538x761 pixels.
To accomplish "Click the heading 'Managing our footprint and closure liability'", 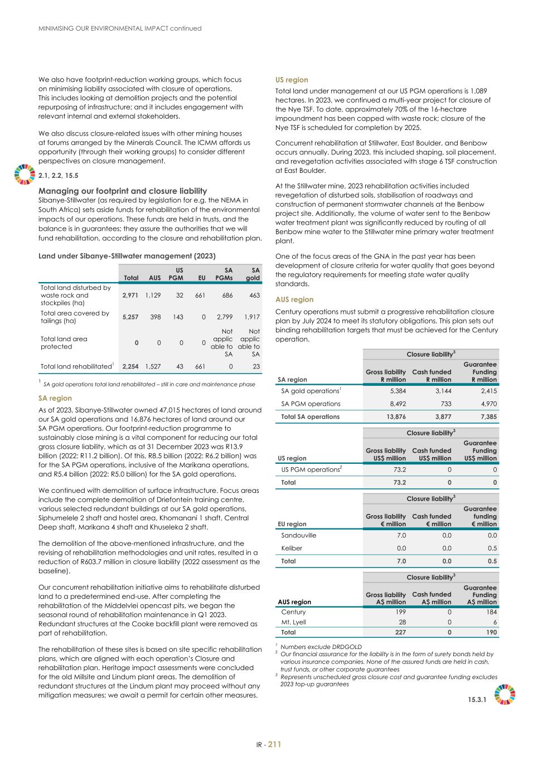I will click(x=123, y=191).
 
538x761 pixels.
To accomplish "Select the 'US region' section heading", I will click(x=292, y=80).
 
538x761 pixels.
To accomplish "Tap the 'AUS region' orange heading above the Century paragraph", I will click(x=294, y=299).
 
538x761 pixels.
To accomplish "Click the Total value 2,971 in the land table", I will click(x=130, y=295).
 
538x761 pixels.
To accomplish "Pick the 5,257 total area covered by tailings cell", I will click(x=130, y=317).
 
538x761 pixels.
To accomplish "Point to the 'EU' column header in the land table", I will click(x=201, y=277).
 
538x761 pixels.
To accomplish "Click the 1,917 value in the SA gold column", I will click(x=251, y=317).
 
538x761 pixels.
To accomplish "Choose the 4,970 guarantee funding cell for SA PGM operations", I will click(x=487, y=404).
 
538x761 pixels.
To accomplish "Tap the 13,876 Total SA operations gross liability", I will click(x=393, y=416).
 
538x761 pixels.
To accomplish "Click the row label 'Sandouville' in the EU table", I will click(x=299, y=535).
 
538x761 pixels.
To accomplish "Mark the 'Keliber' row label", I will click(x=292, y=548).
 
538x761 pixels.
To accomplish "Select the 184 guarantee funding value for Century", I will click(x=491, y=612).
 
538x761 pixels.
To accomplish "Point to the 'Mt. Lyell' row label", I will click(x=293, y=622).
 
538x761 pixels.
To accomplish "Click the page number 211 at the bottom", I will click(x=275, y=744).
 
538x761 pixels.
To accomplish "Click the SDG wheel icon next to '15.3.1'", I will click(x=505, y=695).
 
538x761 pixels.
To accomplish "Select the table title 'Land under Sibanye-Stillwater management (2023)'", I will click(x=127, y=256).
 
